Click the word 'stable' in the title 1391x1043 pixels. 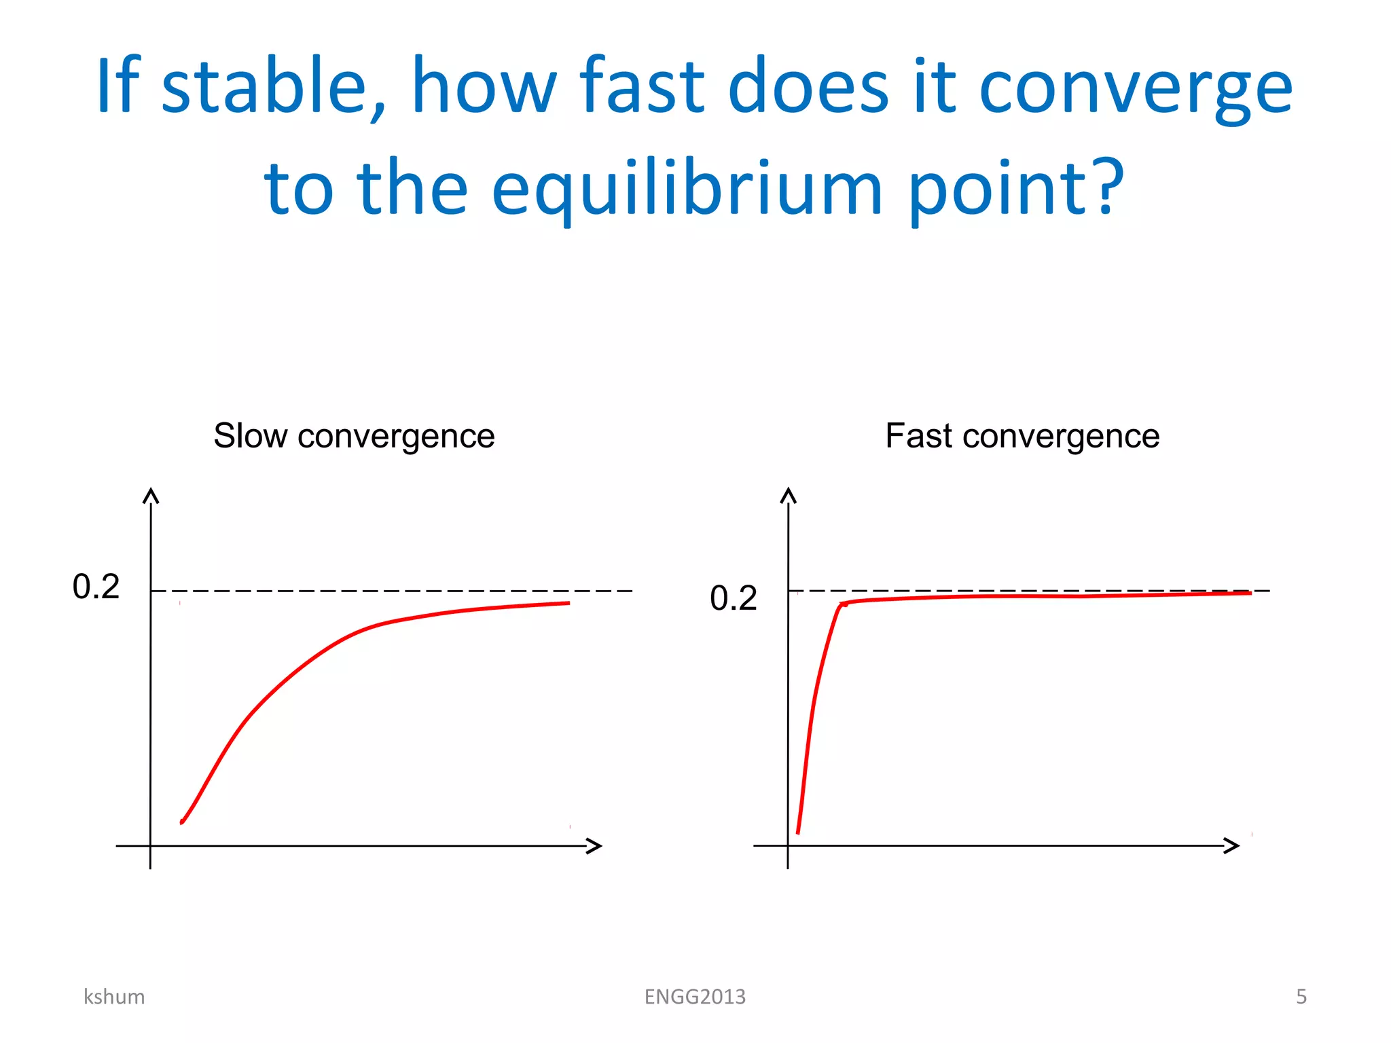pos(264,87)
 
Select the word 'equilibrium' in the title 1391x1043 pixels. pos(686,189)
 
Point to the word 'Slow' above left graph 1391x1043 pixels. pos(250,436)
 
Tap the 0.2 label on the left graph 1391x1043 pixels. pos(96,587)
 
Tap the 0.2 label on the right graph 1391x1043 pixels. pos(733,598)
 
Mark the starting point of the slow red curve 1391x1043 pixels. pos(182,822)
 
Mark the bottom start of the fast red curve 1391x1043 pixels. pos(798,832)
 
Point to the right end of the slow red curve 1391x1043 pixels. pos(568,603)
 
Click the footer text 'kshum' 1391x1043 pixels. pos(114,997)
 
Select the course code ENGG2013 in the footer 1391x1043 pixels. pos(695,997)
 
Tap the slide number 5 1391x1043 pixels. pos(1301,997)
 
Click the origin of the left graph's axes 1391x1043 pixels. pos(150,846)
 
